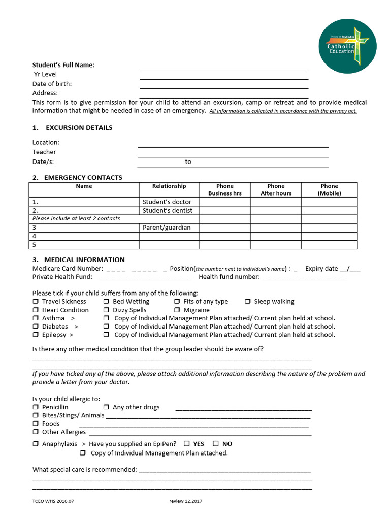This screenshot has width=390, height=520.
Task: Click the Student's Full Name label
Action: [63, 65]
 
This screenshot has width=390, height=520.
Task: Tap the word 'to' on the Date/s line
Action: [188, 162]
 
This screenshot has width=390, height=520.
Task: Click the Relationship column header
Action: [169, 186]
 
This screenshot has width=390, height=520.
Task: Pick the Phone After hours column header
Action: [276, 189]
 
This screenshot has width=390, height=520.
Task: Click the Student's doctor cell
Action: [167, 202]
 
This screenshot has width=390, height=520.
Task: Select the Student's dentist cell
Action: [167, 210]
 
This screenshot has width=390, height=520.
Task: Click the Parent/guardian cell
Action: [167, 227]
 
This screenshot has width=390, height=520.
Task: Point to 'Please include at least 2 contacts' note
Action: [76, 219]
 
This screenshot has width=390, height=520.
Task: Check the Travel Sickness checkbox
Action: [36, 302]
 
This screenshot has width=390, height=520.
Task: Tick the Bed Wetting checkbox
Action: [107, 302]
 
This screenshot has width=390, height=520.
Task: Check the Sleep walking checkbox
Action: [248, 302]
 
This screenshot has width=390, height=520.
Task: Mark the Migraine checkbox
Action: [177, 310]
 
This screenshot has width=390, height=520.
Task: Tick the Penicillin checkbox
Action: [36, 407]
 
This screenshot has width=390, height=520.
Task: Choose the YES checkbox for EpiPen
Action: [187, 444]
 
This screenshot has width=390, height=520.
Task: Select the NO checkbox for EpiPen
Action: [216, 444]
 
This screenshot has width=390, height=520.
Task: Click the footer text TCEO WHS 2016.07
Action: [53, 501]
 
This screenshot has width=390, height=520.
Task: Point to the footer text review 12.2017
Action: [186, 501]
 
